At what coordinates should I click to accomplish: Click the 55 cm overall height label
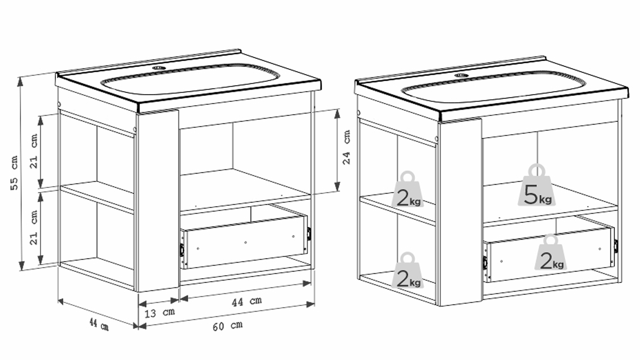click(x=14, y=173)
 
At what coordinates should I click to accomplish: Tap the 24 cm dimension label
click(x=347, y=147)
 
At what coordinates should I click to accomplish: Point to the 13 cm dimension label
click(x=160, y=313)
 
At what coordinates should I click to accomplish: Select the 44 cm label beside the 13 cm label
click(x=247, y=301)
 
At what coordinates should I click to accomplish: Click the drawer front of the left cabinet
click(x=246, y=242)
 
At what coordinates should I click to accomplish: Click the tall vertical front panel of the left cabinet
click(x=158, y=200)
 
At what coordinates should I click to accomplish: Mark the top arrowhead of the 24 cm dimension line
click(x=337, y=114)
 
